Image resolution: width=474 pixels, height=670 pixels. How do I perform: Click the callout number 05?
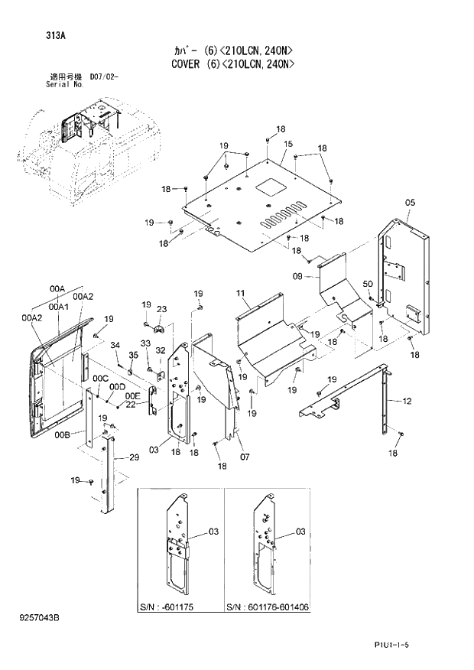[410, 203]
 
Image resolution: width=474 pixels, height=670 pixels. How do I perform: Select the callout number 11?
[240, 294]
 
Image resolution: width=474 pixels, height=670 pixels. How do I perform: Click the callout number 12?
[407, 400]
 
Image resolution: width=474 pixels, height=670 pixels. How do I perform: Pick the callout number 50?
[368, 285]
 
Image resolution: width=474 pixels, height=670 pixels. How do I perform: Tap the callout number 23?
[161, 309]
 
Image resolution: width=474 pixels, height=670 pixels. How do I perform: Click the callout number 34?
[115, 346]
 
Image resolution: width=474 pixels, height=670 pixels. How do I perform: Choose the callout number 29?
[133, 457]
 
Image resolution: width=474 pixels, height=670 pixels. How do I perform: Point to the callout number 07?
[245, 457]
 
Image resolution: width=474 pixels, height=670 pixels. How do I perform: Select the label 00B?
[62, 434]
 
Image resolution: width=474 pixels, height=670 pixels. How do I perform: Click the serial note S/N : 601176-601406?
[268, 607]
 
